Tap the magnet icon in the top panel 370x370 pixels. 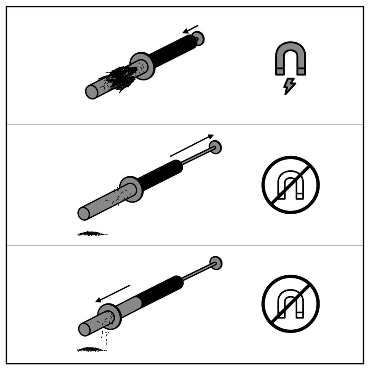tap(290, 59)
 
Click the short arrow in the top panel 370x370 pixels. tap(190, 29)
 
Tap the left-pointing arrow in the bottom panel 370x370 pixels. tap(113, 294)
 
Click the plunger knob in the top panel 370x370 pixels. tap(198, 38)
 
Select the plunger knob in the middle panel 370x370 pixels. tap(215, 147)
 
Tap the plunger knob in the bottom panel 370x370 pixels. tap(216, 263)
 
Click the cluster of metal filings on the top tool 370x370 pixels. tap(119, 77)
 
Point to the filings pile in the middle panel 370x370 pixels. tap(92, 234)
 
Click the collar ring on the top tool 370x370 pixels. tap(142, 66)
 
